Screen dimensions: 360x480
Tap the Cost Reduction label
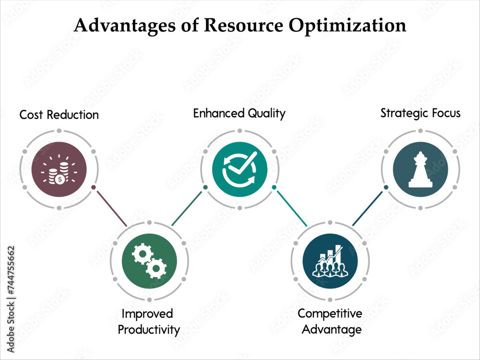click(59, 115)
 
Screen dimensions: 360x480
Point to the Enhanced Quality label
click(239, 113)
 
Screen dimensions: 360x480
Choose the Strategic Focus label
click(420, 113)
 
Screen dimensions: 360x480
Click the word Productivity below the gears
click(149, 330)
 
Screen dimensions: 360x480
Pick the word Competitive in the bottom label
click(330, 314)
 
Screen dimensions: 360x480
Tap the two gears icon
click(149, 261)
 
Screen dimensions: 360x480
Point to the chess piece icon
click(420, 169)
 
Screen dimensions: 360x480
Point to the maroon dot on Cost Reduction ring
click(93, 187)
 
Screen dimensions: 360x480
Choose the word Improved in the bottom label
click(147, 314)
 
